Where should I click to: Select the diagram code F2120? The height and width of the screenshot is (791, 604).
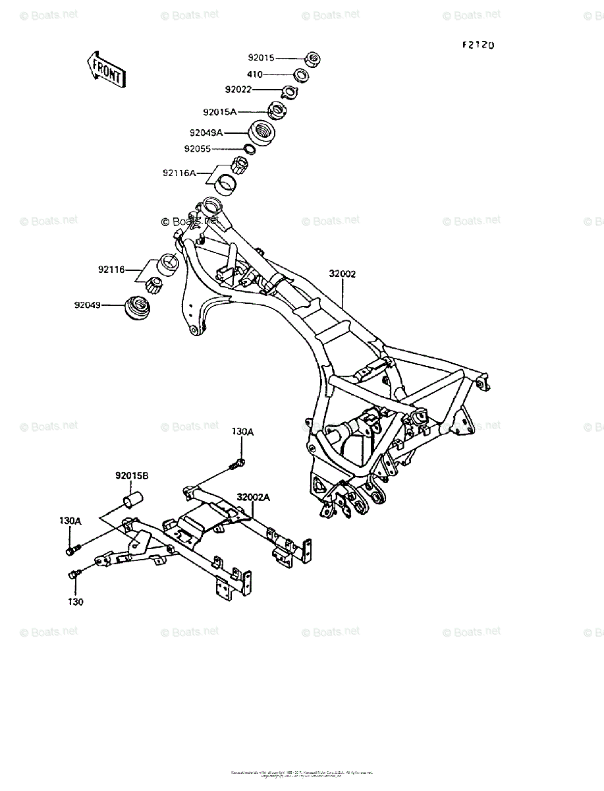478,45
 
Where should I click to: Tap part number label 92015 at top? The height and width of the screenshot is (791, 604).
261,58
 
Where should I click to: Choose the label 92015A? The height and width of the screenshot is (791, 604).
219,111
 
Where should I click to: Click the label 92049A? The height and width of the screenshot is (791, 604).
206,132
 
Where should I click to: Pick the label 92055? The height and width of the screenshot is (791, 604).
198,149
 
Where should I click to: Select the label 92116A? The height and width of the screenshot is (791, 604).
180,173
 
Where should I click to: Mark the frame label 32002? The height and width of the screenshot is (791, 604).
343,274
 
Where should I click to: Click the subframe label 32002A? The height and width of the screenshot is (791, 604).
254,498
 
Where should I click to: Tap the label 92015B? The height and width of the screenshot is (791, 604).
132,475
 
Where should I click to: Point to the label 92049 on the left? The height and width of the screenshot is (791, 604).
88,305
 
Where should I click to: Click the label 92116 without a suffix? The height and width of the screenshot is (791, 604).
112,270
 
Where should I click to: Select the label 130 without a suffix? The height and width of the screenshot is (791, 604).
75,601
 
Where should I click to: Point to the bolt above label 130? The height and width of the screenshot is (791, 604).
74,574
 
